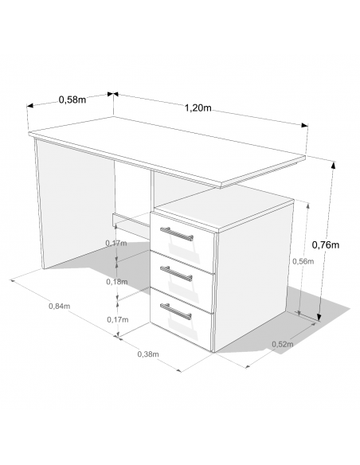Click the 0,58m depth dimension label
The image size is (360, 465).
tap(72, 100)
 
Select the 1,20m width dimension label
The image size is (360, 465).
tap(198, 107)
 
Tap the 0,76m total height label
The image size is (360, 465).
tap(326, 244)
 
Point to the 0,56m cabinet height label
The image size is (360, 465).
tap(303, 261)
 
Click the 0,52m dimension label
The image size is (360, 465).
tap(283, 344)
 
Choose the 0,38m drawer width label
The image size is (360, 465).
tap(148, 354)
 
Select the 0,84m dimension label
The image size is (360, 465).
tap(59, 306)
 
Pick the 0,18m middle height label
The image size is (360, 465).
tap(117, 281)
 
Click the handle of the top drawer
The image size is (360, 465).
tap(177, 233)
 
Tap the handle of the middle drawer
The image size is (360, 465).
tap(176, 273)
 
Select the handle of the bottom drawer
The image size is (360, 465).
tap(176, 311)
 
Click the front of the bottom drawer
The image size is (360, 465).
tap(182, 318)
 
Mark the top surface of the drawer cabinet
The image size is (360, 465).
tap(225, 206)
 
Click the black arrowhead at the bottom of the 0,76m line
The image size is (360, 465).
tap(319, 316)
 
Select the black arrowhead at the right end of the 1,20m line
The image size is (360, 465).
tap(304, 125)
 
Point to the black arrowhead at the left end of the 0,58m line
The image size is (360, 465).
tap(29, 106)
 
